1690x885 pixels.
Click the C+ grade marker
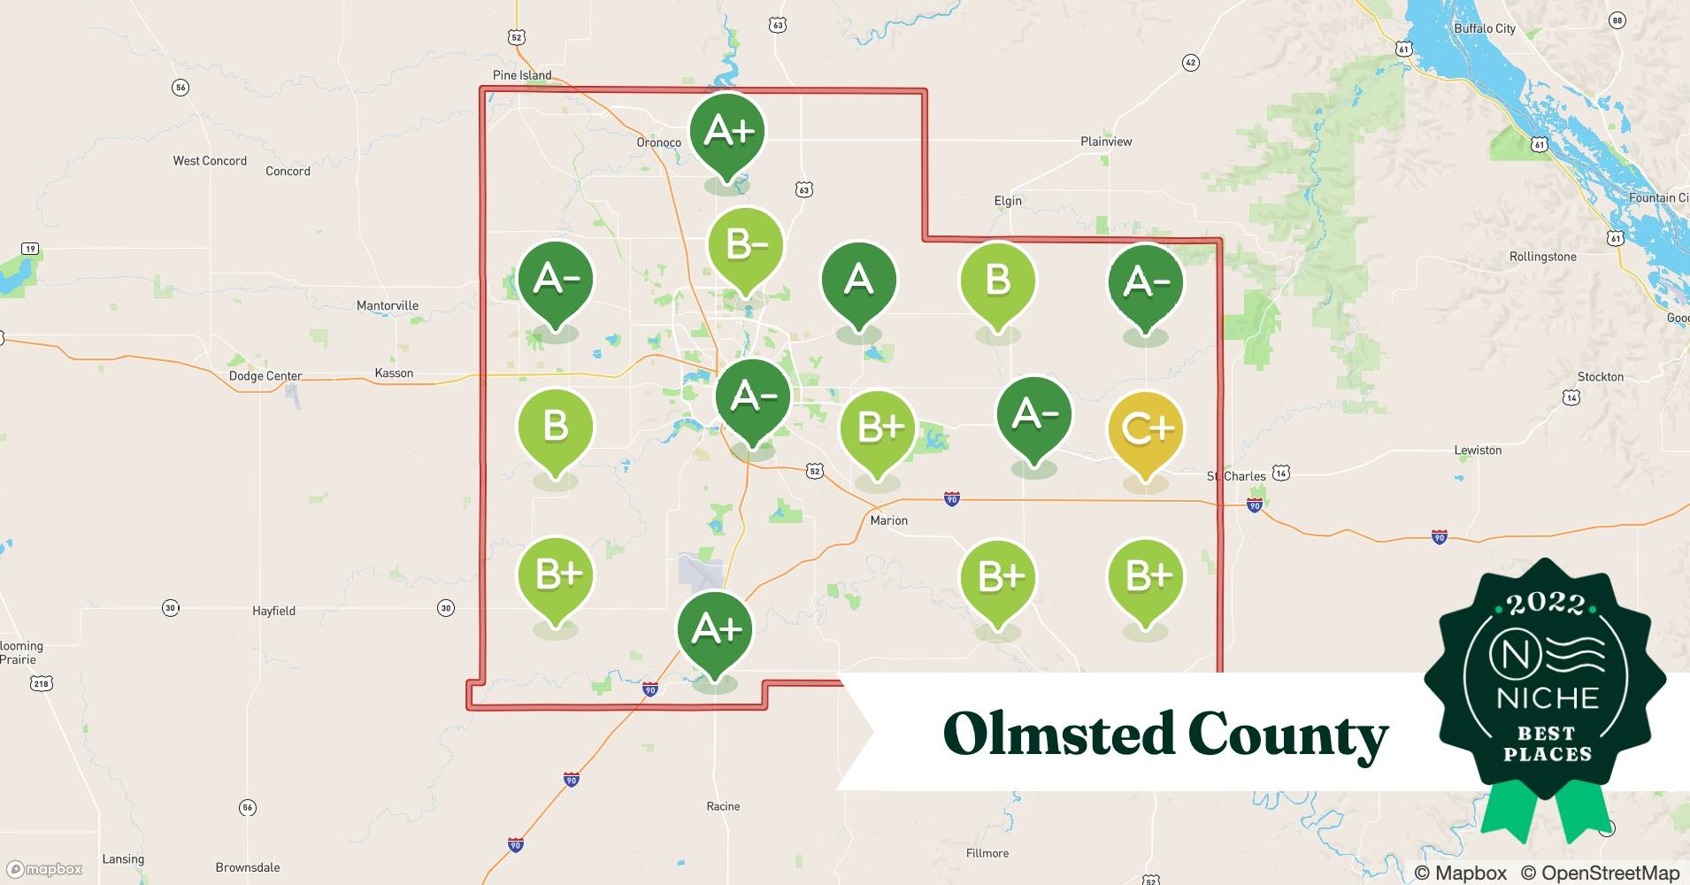(x=1146, y=430)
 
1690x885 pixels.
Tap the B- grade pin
(x=746, y=247)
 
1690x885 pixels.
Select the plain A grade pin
(x=858, y=281)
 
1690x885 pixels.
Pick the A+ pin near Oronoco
(x=727, y=133)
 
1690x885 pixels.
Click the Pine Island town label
(x=522, y=75)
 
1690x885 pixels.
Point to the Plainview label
(x=1106, y=142)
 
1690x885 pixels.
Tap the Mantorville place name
(x=388, y=305)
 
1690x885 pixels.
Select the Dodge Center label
(x=265, y=376)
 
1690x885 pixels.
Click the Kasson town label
(x=394, y=373)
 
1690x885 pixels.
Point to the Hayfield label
(x=273, y=611)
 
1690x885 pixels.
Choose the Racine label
(x=723, y=806)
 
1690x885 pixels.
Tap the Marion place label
(x=888, y=520)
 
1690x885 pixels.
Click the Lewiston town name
(x=1478, y=450)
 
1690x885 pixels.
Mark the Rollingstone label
(x=1542, y=257)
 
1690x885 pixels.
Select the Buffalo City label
(x=1485, y=28)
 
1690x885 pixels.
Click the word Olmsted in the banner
(x=1056, y=734)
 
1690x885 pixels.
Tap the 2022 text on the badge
(x=1546, y=604)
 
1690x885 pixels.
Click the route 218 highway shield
(x=42, y=683)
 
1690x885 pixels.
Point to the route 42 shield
(x=1191, y=62)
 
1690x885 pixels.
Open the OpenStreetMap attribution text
(x=1600, y=873)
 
